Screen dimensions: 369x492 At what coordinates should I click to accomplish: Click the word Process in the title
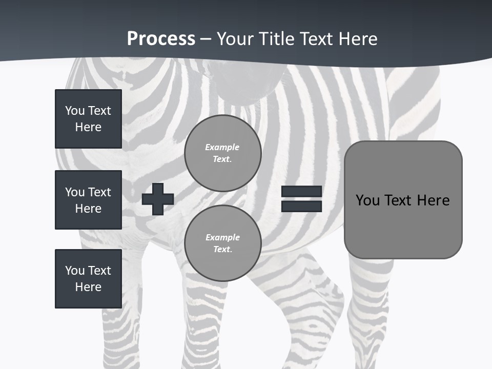pyautogui.click(x=161, y=39)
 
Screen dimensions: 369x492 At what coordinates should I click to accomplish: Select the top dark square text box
pyautogui.click(x=88, y=119)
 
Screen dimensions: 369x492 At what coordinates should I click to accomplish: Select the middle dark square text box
pyautogui.click(x=88, y=200)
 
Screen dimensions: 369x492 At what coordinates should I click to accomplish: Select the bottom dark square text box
pyautogui.click(x=88, y=279)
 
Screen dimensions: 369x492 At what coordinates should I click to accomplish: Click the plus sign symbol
pyautogui.click(x=158, y=199)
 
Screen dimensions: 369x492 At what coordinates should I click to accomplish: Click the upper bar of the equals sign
pyautogui.click(x=301, y=192)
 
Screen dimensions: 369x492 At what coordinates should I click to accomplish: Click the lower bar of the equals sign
pyautogui.click(x=301, y=206)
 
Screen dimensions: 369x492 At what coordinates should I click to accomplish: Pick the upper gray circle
pyautogui.click(x=222, y=153)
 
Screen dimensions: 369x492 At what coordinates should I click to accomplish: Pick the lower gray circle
pyautogui.click(x=222, y=243)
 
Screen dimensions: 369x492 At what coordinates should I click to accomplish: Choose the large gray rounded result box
pyautogui.click(x=403, y=200)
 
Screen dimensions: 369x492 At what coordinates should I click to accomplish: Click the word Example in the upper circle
pyautogui.click(x=222, y=147)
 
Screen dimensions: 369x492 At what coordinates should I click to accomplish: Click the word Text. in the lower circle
pyautogui.click(x=222, y=250)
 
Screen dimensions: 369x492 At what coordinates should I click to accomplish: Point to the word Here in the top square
pyautogui.click(x=88, y=127)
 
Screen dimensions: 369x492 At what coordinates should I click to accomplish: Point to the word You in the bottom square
pyautogui.click(x=75, y=271)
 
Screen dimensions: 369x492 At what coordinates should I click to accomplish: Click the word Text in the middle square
pyautogui.click(x=99, y=192)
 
